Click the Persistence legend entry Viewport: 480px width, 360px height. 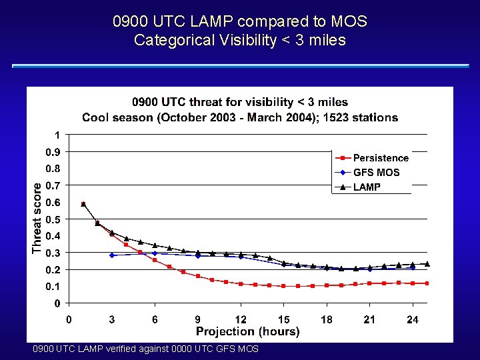380,158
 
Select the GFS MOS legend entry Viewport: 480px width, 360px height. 376,173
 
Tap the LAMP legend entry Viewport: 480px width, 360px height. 367,187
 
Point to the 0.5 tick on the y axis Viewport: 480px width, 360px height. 53,219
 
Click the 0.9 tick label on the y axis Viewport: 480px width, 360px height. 53,152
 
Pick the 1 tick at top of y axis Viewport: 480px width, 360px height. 58,135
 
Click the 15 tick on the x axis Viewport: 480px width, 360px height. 284,320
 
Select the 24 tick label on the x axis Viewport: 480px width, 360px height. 413,320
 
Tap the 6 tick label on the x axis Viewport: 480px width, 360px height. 155,320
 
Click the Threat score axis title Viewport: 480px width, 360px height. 37,218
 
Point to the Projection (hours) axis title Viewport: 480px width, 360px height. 247,331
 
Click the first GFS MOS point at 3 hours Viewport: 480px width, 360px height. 112,255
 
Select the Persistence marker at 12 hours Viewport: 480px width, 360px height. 241,284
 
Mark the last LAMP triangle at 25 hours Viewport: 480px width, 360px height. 427,264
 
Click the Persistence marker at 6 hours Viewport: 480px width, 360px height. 155,260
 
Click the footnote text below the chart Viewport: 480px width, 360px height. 145,349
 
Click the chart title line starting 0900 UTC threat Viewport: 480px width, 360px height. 240,102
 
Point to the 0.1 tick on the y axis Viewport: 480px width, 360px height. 53,287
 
